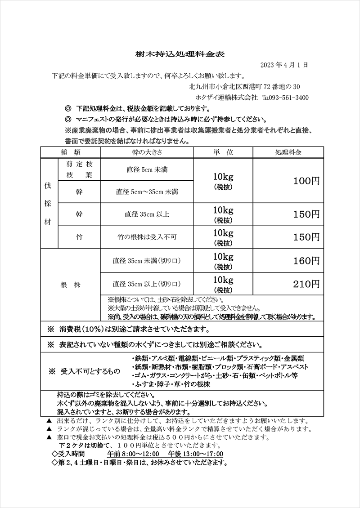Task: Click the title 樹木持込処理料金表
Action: click(180, 54)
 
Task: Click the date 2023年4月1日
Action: click(284, 65)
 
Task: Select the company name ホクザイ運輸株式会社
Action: click(226, 98)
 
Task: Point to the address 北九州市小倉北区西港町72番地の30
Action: click(245, 86)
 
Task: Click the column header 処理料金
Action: click(288, 152)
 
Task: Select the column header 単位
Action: click(223, 152)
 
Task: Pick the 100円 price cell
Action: click(306, 181)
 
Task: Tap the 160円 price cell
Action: click(306, 261)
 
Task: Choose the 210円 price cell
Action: click(306, 284)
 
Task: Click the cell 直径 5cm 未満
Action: click(146, 170)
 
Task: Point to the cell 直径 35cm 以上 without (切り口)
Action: click(146, 214)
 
